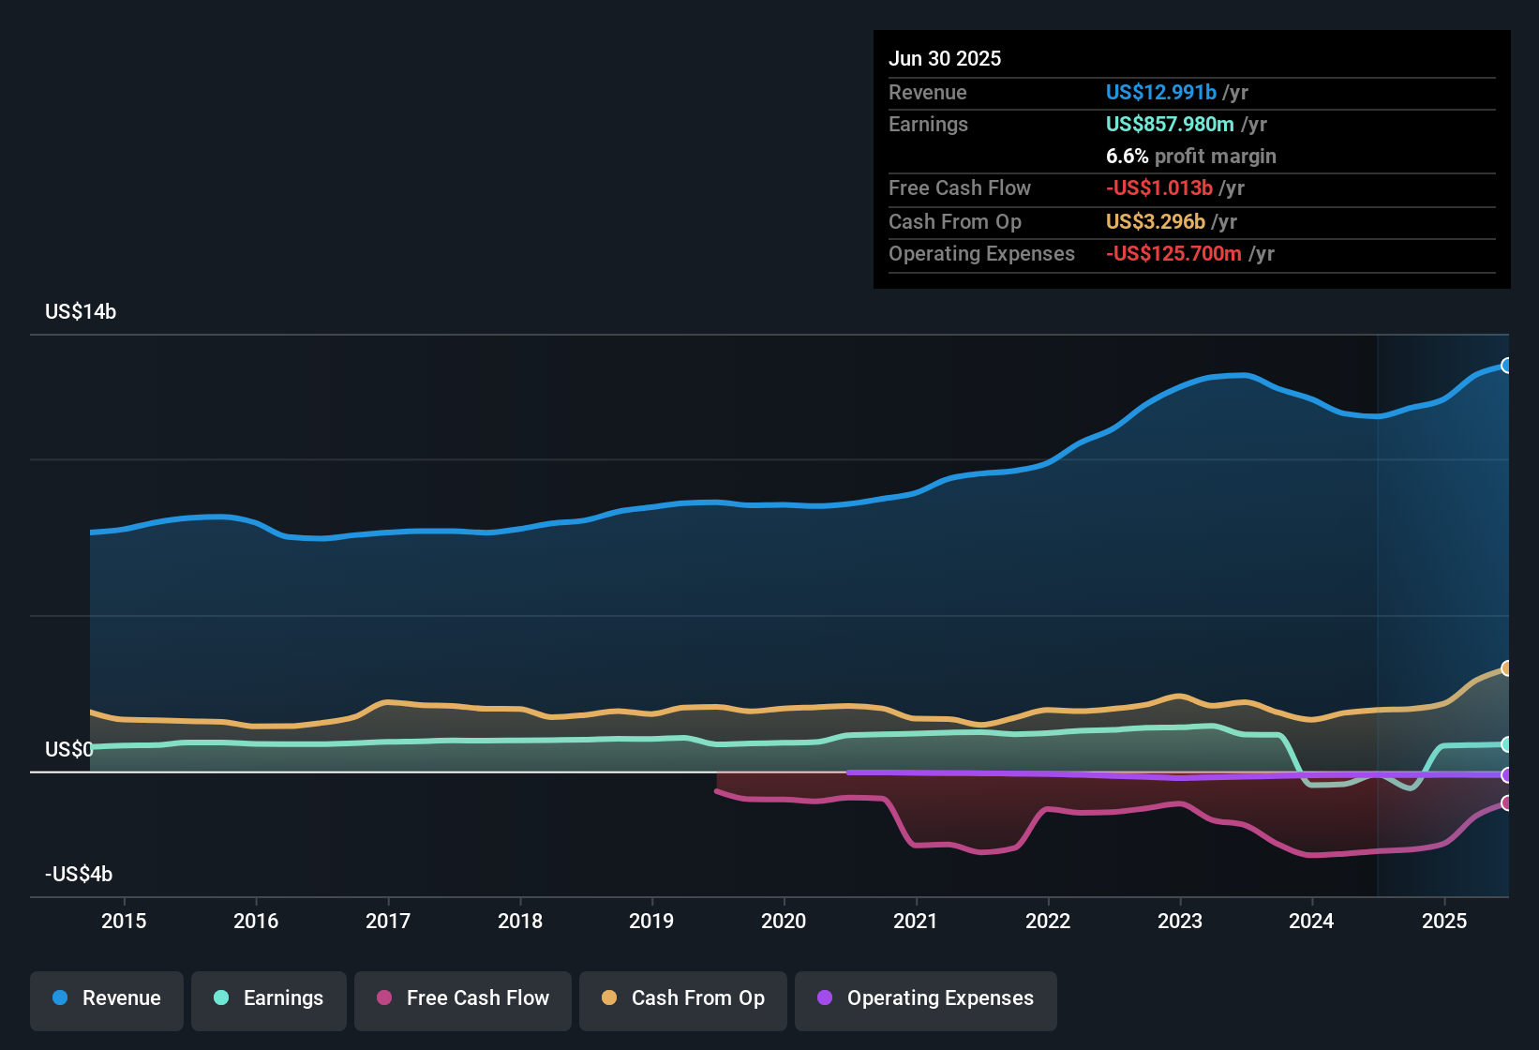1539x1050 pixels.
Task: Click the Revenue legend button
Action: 107,998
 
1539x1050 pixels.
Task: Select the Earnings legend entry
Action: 269,998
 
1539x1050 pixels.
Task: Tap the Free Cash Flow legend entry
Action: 463,998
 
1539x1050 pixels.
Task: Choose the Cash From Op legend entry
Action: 683,998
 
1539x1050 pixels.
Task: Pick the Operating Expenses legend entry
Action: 926,998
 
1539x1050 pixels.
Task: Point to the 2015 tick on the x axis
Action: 124,921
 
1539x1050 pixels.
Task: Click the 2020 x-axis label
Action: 784,921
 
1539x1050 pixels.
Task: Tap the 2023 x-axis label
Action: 1180,921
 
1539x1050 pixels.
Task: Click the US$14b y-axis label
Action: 81,312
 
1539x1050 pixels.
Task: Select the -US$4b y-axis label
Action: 79,875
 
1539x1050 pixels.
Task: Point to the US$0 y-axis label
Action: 68,750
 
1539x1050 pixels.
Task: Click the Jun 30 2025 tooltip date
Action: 945,59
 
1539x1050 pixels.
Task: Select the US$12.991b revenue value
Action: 1160,93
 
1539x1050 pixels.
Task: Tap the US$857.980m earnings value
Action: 1169,125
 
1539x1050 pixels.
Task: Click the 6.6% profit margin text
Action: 1190,157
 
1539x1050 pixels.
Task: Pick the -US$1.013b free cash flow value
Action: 1158,188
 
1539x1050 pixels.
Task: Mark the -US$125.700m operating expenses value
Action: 1173,254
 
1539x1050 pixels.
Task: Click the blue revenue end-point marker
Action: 1506,366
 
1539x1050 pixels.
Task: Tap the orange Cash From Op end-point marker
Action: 1506,668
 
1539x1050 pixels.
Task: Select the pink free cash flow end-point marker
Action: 1506,803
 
